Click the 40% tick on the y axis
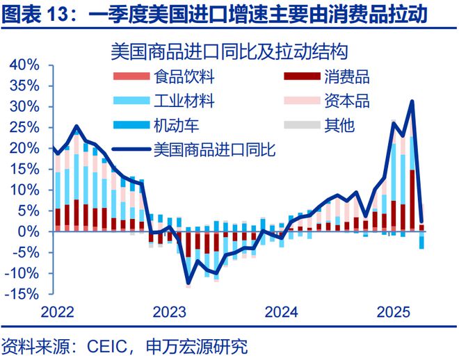click(x=26, y=65)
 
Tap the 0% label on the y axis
click(x=31, y=231)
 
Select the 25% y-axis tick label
click(x=26, y=127)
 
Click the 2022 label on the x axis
click(x=56, y=312)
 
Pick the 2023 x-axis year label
click(x=169, y=312)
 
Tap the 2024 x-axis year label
click(x=281, y=312)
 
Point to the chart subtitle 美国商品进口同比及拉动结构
click(x=229, y=51)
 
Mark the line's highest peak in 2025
click(x=412, y=101)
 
